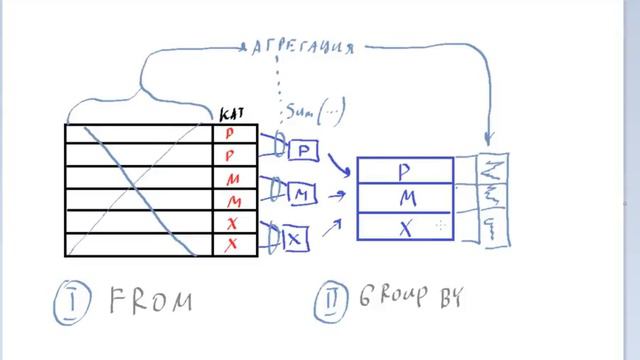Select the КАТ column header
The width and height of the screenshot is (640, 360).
pyautogui.click(x=229, y=116)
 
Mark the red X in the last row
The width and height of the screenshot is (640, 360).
pyautogui.click(x=231, y=244)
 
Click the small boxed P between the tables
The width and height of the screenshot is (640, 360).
pyautogui.click(x=303, y=150)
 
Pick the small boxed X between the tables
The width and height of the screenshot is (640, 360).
pyautogui.click(x=296, y=238)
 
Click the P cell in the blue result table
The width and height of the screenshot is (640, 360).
pyautogui.click(x=404, y=172)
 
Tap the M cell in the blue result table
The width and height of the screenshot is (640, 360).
pyautogui.click(x=405, y=199)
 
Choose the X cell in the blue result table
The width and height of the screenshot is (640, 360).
pyautogui.click(x=405, y=227)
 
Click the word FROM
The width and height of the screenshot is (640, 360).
pyautogui.click(x=151, y=300)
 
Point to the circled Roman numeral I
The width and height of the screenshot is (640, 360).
pyautogui.click(x=72, y=300)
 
